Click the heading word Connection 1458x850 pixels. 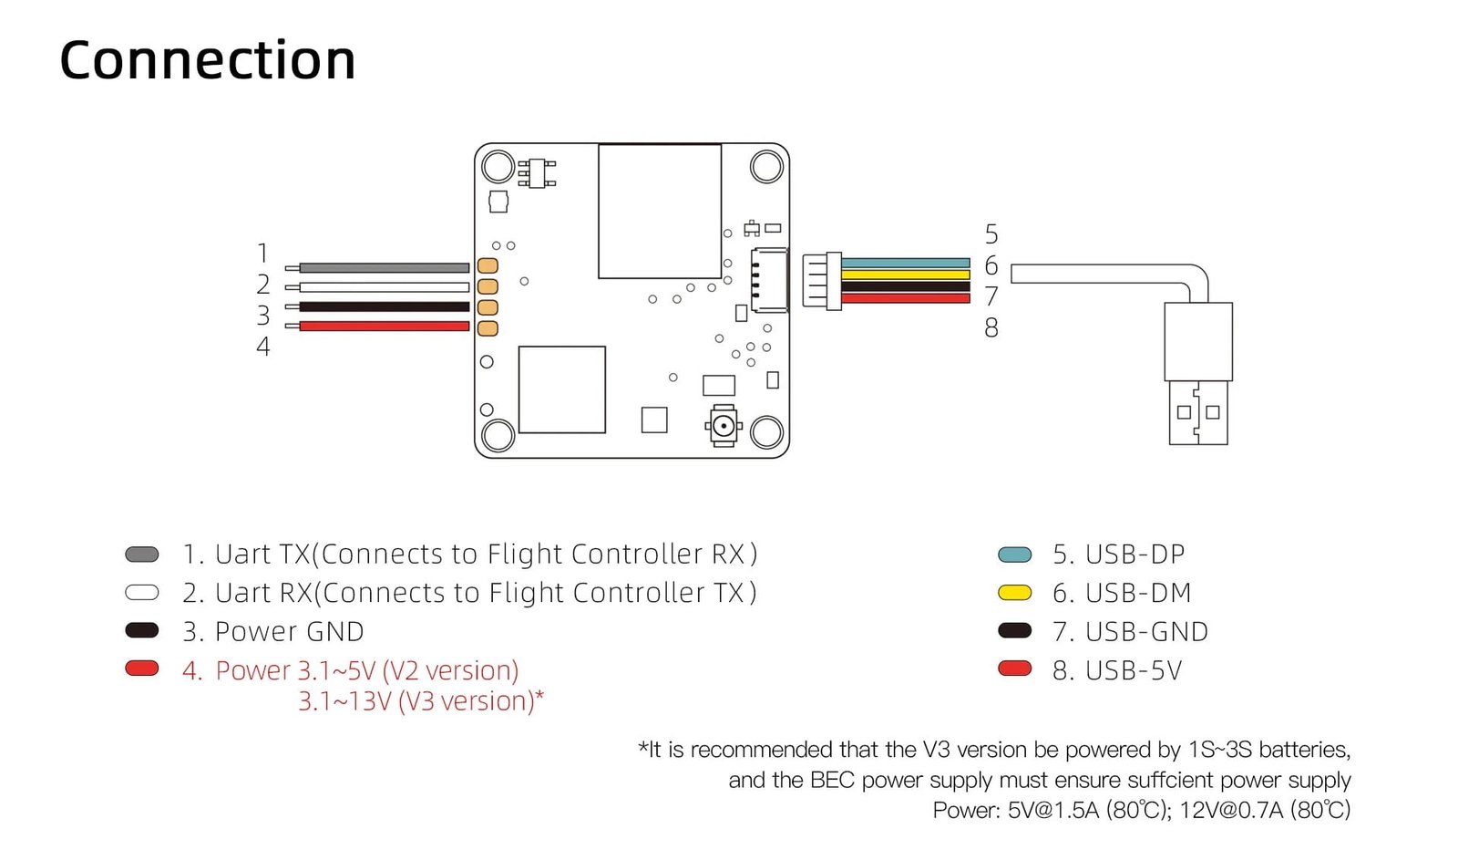tap(207, 61)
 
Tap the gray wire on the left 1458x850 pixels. tap(383, 268)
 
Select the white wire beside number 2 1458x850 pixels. tap(383, 287)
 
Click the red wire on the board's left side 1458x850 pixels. tap(383, 326)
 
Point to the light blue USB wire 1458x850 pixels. tap(905, 263)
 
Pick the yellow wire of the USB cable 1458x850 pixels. tap(905, 275)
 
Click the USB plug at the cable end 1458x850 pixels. tap(1198, 374)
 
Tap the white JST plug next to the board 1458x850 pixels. tap(822, 281)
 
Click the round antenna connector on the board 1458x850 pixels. tap(724, 426)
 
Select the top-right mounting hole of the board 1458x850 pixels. tap(766, 167)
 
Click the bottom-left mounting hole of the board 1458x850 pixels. tap(498, 434)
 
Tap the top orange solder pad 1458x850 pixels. tap(488, 265)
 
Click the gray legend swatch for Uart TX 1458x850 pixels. tap(142, 555)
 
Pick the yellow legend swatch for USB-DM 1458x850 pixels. tap(1014, 593)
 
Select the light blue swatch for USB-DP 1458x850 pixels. tap(1014, 555)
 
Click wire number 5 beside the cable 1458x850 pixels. tap(991, 234)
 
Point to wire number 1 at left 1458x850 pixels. tap(262, 253)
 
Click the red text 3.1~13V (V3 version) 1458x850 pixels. tap(421, 701)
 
